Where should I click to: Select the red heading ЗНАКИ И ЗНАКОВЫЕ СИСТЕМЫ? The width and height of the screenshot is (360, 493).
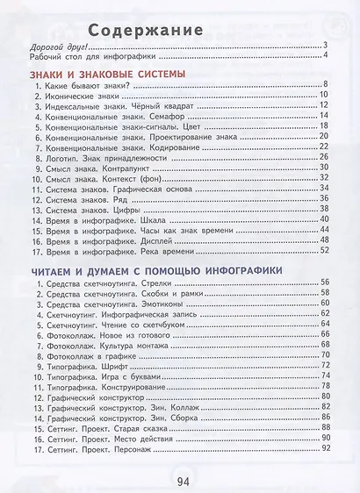coord(107,75)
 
